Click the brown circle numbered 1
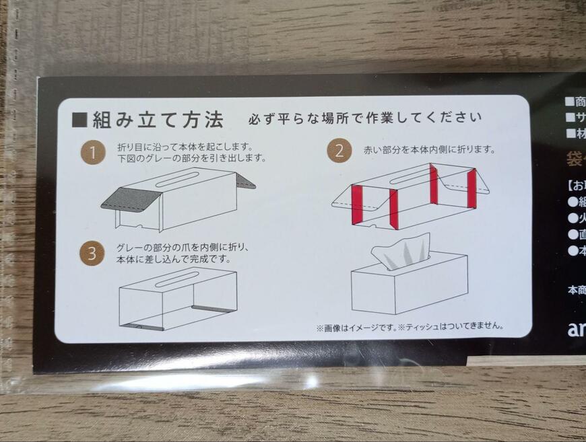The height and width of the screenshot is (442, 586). [x=93, y=153]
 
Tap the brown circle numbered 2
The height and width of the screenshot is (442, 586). [x=339, y=151]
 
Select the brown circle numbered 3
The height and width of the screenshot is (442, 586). [x=92, y=254]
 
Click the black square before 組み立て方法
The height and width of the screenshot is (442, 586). [x=79, y=120]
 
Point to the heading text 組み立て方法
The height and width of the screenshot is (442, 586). [x=158, y=120]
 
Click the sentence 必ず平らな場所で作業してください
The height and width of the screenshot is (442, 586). [x=365, y=119]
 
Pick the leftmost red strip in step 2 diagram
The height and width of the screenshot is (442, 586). [x=357, y=204]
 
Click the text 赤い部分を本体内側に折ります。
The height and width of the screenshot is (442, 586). [x=430, y=149]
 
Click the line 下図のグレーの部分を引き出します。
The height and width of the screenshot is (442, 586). [x=191, y=159]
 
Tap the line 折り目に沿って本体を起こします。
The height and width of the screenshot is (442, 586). [x=184, y=147]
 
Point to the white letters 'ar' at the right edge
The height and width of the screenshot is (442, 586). [x=576, y=330]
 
